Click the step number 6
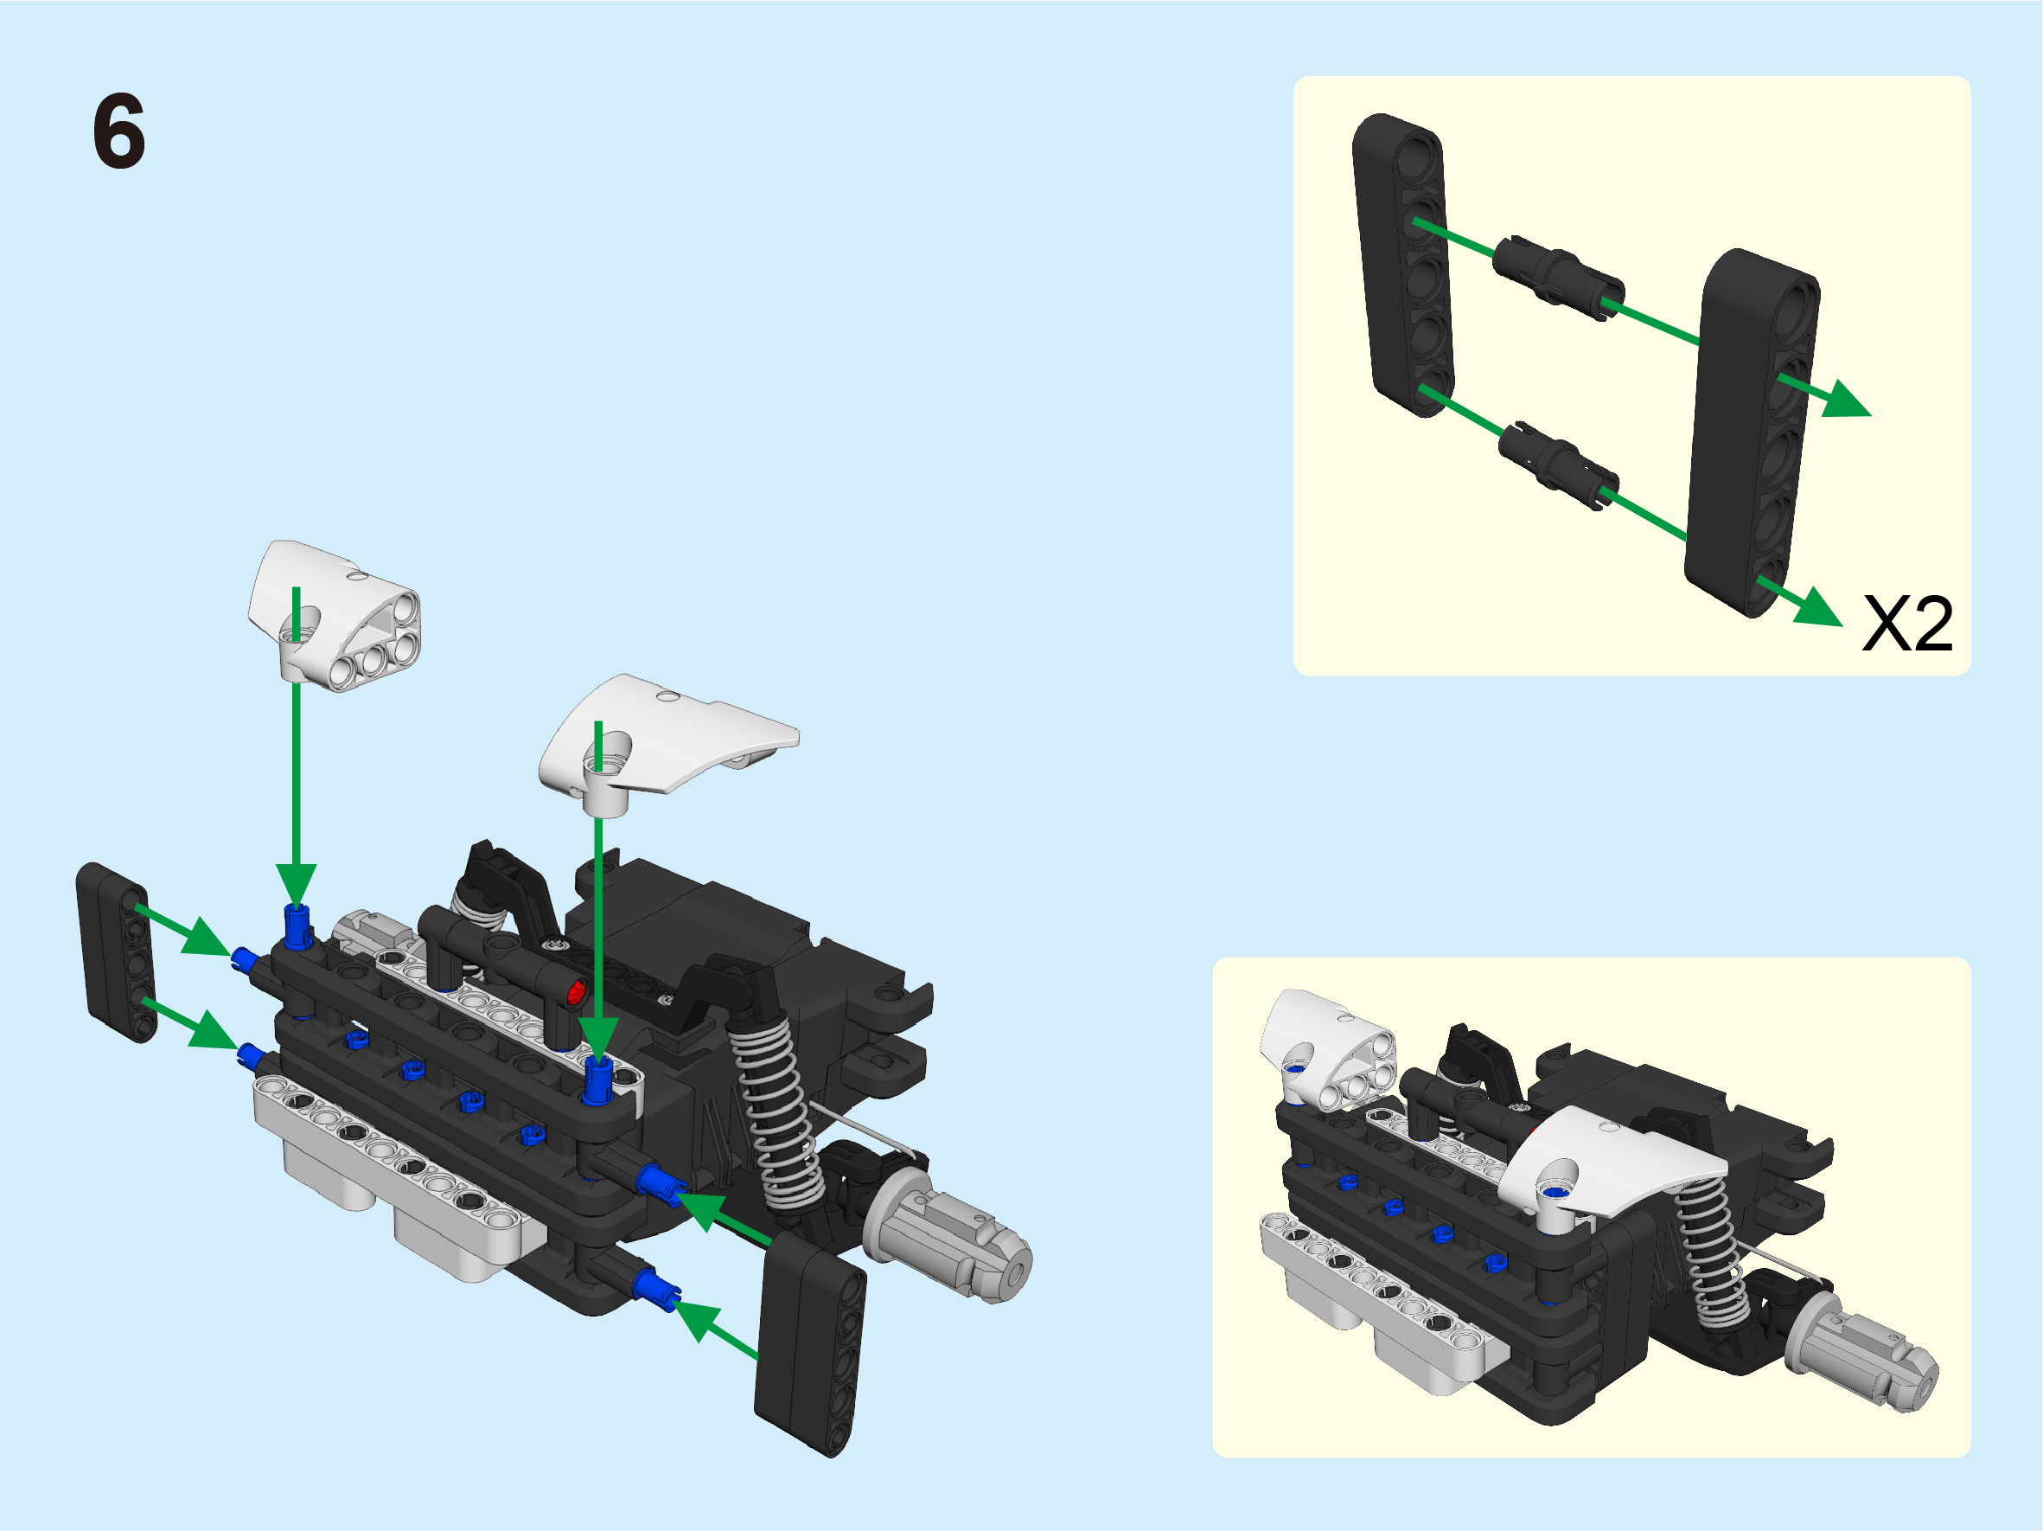point(119,131)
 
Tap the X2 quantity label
point(1907,624)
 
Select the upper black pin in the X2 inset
point(1558,276)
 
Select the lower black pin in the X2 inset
point(1558,465)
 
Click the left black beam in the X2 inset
point(1403,266)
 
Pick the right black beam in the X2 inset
point(1752,432)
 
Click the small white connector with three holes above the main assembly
point(335,616)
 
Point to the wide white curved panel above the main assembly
point(667,744)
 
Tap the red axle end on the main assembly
point(576,993)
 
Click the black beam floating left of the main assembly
point(117,952)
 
